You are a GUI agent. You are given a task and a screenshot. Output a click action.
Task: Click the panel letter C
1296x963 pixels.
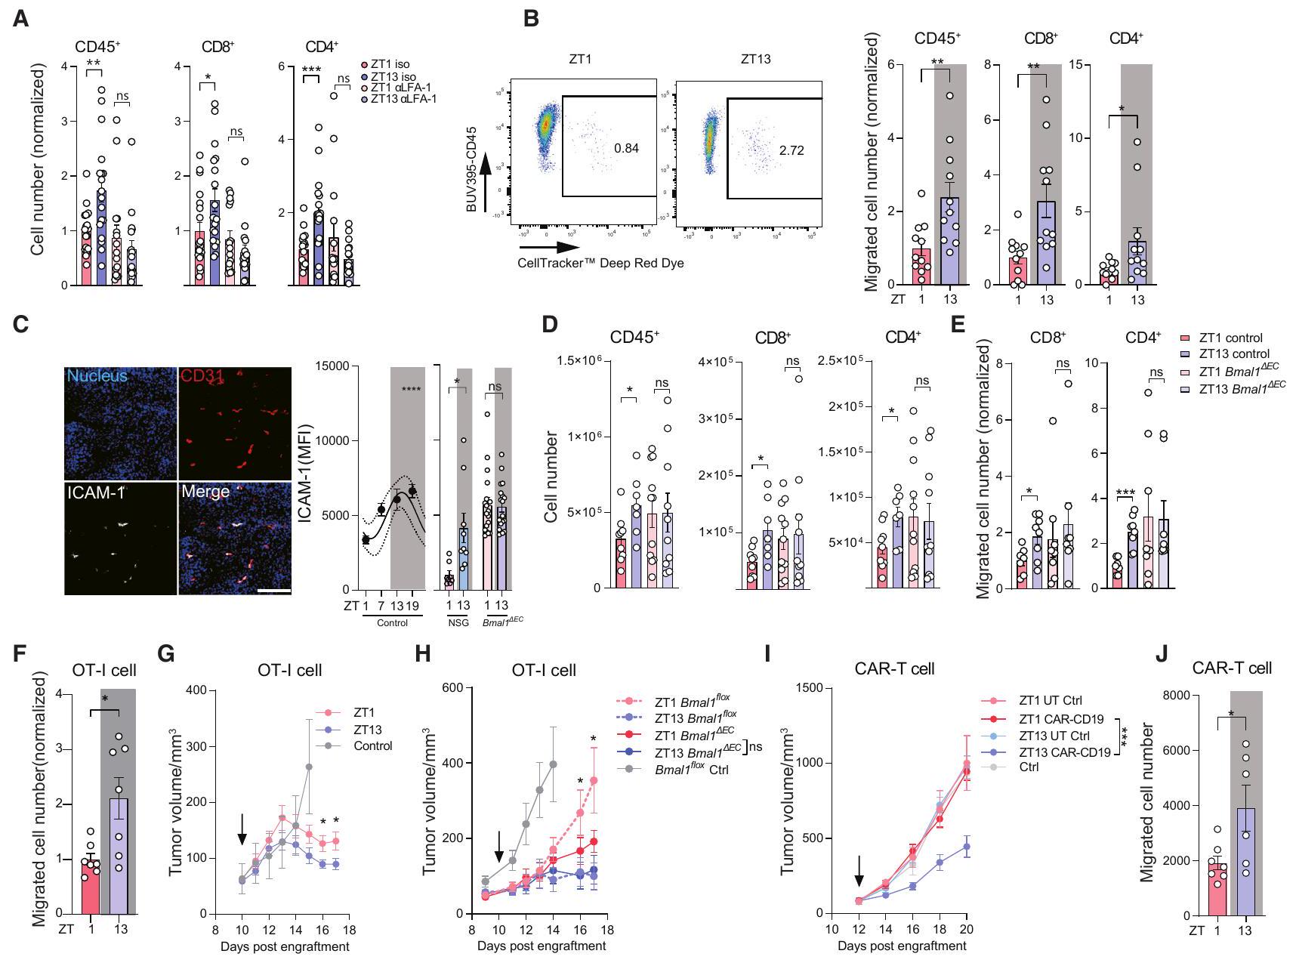click(21, 324)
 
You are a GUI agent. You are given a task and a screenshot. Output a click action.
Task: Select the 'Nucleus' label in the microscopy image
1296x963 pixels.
click(97, 375)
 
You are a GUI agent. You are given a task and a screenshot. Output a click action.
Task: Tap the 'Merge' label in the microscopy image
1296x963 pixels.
click(205, 492)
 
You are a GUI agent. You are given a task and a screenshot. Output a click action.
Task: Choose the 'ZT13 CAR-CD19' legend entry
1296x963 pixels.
click(1064, 752)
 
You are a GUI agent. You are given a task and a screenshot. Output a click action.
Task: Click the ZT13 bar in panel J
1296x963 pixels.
click(1244, 861)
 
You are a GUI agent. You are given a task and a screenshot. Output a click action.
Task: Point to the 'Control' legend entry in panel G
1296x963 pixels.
click(372, 745)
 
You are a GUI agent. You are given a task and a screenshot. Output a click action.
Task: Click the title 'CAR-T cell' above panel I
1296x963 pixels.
click(894, 668)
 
